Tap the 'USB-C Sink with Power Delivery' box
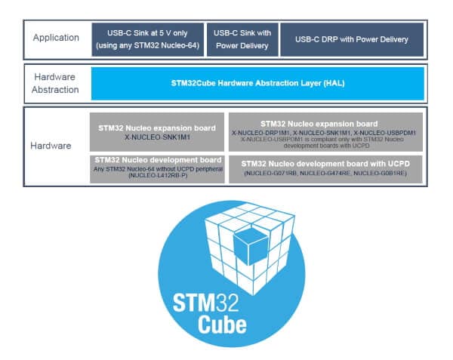click(241, 38)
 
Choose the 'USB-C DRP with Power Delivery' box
click(351, 38)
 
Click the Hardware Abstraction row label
click(57, 83)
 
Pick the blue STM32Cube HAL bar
click(257, 83)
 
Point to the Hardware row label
click(57, 146)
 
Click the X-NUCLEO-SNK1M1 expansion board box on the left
click(157, 133)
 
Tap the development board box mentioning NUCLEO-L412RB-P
click(157, 168)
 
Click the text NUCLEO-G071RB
click(274, 174)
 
